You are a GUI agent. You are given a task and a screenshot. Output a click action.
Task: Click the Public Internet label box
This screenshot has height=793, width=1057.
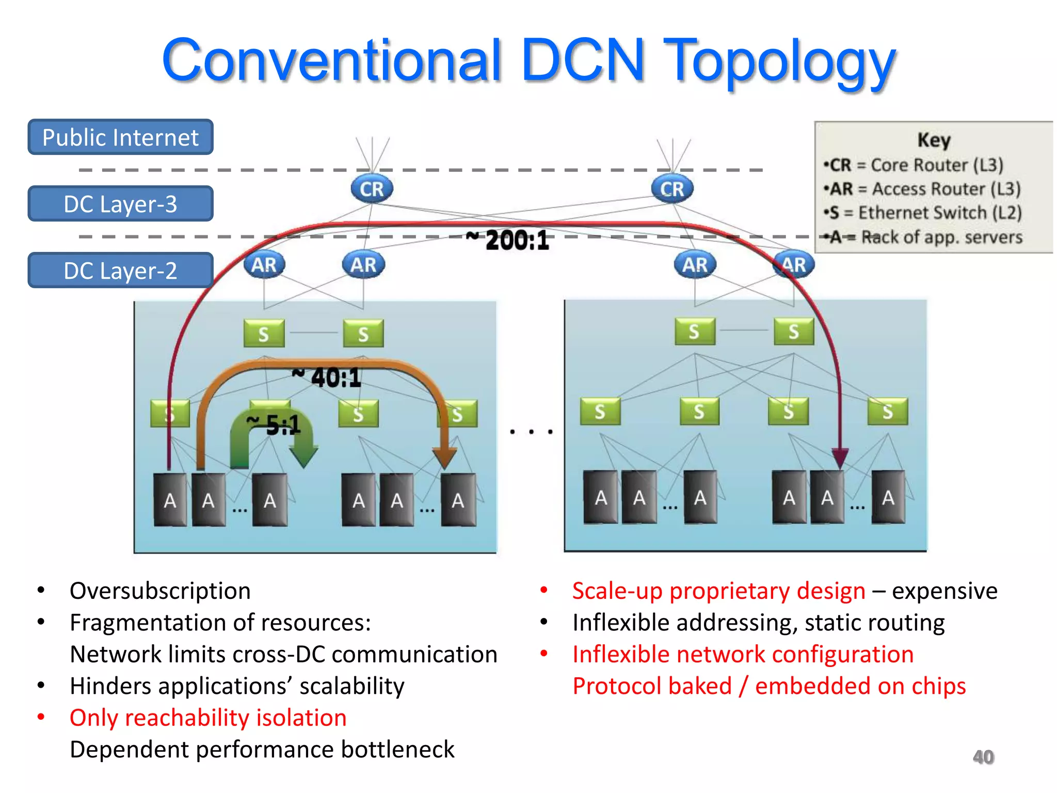pyautogui.click(x=120, y=137)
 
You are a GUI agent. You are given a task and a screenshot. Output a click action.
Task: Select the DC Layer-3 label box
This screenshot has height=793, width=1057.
pyautogui.click(x=120, y=204)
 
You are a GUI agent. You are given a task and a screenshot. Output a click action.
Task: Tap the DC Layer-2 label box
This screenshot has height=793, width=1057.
pyautogui.click(x=120, y=271)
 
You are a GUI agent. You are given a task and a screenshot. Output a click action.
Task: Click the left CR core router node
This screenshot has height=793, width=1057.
pyautogui.click(x=372, y=189)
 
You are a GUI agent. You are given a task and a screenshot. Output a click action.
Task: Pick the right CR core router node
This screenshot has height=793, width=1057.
pyautogui.click(x=672, y=189)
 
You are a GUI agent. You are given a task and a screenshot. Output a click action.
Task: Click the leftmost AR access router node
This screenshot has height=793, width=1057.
pyautogui.click(x=264, y=265)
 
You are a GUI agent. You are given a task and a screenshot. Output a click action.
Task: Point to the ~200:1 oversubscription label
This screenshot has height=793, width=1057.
pyautogui.click(x=508, y=240)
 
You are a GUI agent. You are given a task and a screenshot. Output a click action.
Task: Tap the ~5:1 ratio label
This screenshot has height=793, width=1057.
pyautogui.click(x=274, y=425)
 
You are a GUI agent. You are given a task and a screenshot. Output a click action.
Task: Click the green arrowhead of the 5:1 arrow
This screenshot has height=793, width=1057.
pyautogui.click(x=303, y=455)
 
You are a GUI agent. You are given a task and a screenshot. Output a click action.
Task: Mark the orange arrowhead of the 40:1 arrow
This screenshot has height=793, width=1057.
pyautogui.click(x=444, y=457)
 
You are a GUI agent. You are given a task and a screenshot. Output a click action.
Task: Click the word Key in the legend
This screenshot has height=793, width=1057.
pyautogui.click(x=934, y=140)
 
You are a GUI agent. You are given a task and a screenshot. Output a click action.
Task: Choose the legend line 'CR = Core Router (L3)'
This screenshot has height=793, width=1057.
pyautogui.click(x=914, y=165)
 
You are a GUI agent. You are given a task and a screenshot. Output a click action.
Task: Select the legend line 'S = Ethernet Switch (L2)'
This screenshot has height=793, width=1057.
pyautogui.click(x=923, y=213)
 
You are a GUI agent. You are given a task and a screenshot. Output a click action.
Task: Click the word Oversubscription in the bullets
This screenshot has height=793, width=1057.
pyautogui.click(x=160, y=591)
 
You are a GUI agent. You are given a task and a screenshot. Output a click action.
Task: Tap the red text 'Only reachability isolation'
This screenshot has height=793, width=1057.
pyautogui.click(x=208, y=718)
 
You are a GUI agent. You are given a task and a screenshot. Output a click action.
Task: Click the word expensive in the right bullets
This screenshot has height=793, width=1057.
pyautogui.click(x=944, y=591)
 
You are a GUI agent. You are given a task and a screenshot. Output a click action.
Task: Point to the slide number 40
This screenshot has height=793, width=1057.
pyautogui.click(x=983, y=757)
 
